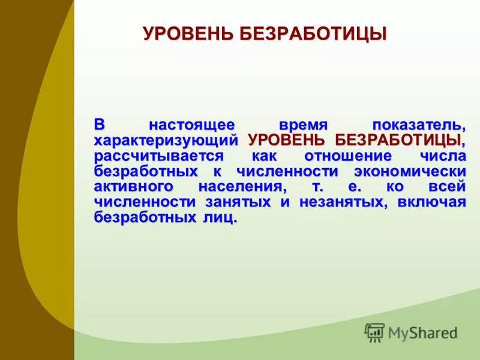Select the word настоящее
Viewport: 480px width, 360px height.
pos(192,125)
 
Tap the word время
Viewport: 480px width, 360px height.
pos(304,125)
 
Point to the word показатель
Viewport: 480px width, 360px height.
pos(419,125)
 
